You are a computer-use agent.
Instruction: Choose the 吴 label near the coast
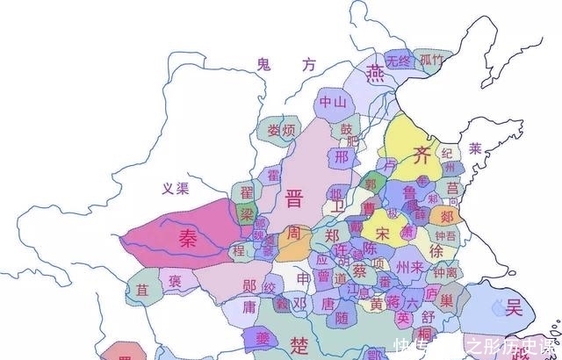coord(514,307)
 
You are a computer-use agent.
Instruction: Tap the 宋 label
coord(381,234)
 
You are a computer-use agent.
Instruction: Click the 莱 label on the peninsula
coord(475,147)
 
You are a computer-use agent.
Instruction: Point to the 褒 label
coord(175,281)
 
